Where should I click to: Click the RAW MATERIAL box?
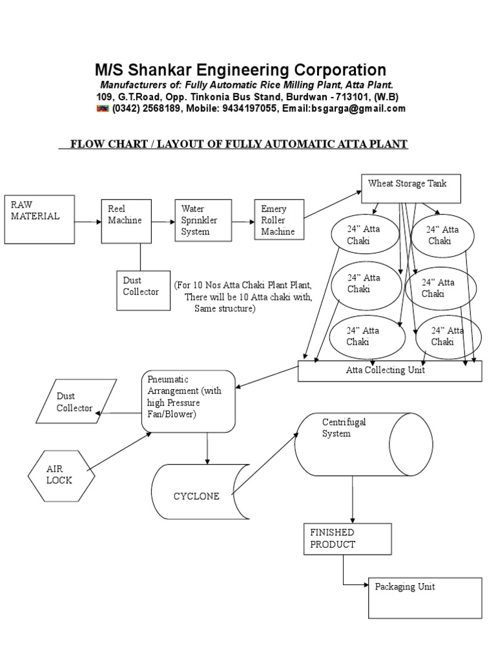pyautogui.click(x=39, y=219)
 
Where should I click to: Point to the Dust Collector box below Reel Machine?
pyautogui.click(x=143, y=290)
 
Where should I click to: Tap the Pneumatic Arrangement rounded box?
pyautogui.click(x=188, y=401)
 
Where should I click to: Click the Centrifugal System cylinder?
pyautogui.click(x=363, y=444)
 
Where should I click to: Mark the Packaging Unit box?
pyautogui.click(x=425, y=598)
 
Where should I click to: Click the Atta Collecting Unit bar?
pyautogui.click(x=389, y=371)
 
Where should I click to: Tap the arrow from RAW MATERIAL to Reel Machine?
pyautogui.click(x=87, y=222)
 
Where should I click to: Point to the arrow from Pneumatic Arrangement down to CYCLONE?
pyautogui.click(x=208, y=448)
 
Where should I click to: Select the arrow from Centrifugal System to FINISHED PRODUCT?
pyautogui.click(x=352, y=499)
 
